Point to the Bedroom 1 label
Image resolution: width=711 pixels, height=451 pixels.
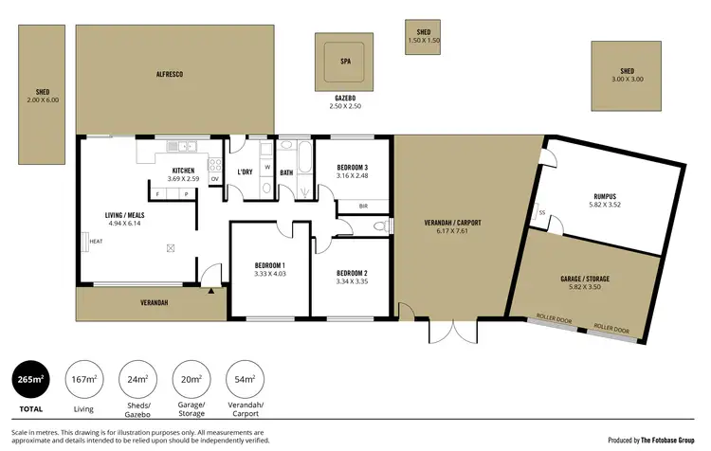point(269,269)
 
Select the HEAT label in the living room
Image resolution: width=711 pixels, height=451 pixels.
point(96,241)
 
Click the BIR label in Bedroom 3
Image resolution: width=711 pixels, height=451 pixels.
point(363,206)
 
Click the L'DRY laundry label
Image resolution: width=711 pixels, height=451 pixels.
point(245,171)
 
